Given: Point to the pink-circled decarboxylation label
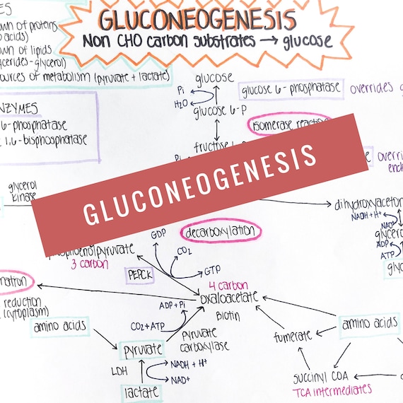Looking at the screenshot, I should click(221, 232).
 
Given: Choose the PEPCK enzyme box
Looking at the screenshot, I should click(140, 274).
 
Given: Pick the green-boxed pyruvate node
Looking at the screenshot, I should click(142, 349).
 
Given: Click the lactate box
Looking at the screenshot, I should click(141, 390).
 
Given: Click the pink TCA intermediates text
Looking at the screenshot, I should click(332, 390).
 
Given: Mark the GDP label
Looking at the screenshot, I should click(158, 234).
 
